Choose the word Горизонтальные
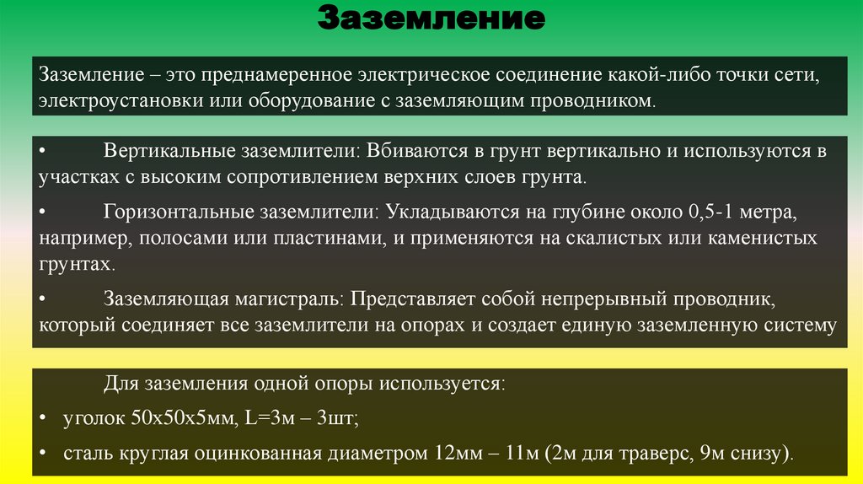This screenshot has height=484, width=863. click(164, 211)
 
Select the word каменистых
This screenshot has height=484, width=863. click(761, 238)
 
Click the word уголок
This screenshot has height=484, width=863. click(90, 417)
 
